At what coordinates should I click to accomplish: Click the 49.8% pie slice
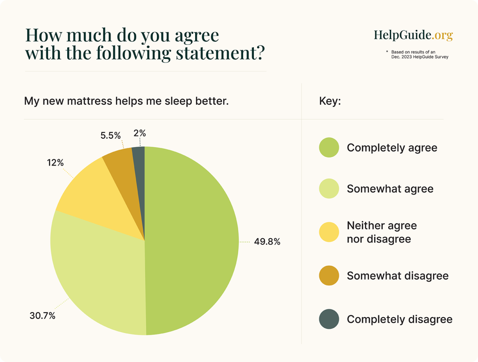191,241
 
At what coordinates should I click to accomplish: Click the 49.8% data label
267,242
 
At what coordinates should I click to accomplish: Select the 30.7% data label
42,316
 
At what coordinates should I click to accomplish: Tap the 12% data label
55,163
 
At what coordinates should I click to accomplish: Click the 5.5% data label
111,135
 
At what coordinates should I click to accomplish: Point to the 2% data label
140,133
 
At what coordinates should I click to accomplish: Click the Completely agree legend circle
329,148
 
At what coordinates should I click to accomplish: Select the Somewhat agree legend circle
329,189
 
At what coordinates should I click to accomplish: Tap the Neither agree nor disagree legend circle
329,232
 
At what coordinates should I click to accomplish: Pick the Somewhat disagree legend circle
329,276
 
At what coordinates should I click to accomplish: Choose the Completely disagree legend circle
329,319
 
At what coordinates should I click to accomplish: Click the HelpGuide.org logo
413,35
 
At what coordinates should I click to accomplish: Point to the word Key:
330,101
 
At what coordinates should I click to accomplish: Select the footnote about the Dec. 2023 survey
417,54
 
